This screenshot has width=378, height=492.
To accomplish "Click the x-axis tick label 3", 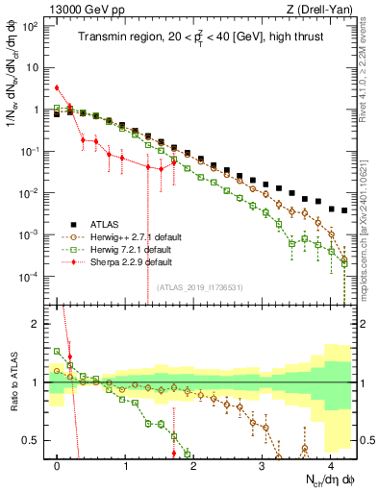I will point(262,465).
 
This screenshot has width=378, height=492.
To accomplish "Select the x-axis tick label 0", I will point(58,465).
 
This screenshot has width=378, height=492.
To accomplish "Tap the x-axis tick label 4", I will point(330,465).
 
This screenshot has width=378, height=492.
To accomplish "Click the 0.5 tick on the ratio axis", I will point(38,441).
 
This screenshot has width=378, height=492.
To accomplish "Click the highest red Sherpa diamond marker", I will point(58,87).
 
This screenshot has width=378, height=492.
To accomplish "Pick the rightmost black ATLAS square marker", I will point(343,209).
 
